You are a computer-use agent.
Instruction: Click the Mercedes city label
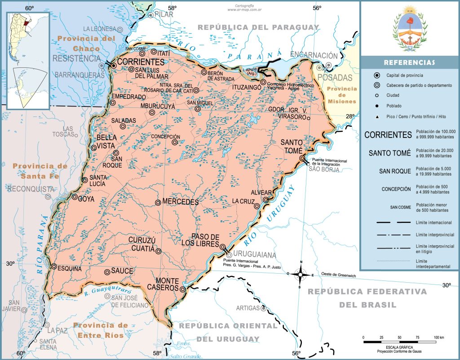point(181,202)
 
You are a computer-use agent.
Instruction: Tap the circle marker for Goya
point(75,196)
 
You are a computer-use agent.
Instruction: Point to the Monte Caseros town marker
point(183,289)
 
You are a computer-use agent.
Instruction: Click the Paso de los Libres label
point(205,240)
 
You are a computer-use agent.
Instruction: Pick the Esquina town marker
point(54,267)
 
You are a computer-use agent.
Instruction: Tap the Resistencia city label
point(76,58)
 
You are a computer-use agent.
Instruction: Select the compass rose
point(301,274)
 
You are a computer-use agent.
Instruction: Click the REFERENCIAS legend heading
point(409,62)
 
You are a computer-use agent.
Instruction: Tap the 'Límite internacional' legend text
point(433,222)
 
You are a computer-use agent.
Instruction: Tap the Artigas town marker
point(263,308)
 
